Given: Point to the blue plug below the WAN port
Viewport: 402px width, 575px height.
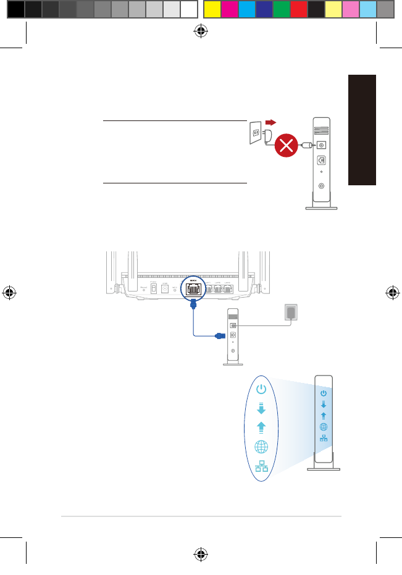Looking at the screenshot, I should coord(193,303).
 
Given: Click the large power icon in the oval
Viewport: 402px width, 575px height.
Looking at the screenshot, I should coord(261,389).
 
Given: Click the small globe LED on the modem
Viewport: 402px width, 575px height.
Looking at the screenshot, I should coord(324,427).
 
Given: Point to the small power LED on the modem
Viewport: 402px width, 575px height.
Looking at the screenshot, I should coord(324,393).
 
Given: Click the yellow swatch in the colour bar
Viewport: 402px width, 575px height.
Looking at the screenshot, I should coord(212,9).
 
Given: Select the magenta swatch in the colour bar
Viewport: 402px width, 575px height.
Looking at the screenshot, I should coord(229,9).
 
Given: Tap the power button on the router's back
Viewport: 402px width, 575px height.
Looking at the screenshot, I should coord(153,287).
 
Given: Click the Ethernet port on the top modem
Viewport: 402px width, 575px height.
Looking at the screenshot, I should coord(322,159).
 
